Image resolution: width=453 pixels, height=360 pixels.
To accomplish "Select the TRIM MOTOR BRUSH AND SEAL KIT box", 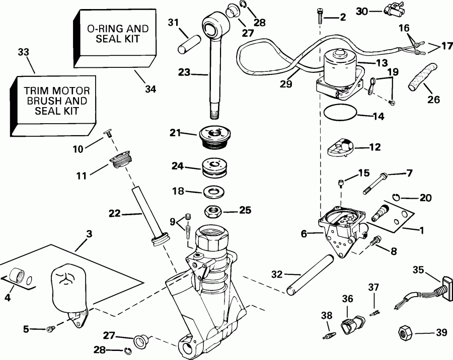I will tap(55, 103).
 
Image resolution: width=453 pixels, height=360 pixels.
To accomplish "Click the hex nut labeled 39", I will tap(405, 332).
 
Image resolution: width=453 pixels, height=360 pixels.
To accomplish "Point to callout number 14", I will tap(379, 117).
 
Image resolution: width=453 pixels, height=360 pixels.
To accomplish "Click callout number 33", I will tap(23, 52).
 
